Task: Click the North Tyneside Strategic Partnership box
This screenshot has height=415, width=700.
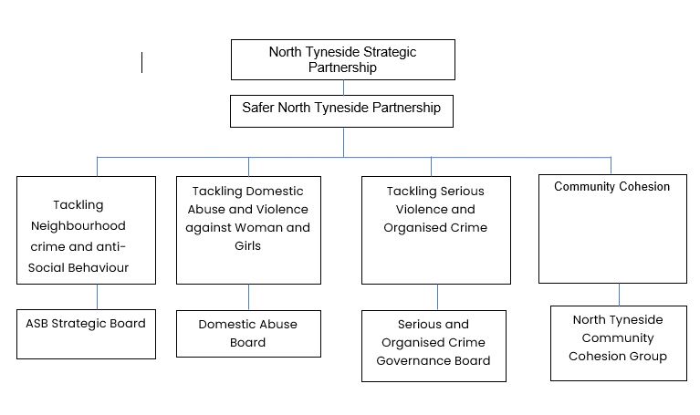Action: point(342,59)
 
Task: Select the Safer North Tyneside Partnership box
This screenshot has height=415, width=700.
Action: point(342,109)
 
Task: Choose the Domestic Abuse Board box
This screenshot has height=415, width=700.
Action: point(247,334)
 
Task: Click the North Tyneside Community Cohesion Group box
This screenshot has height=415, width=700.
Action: point(618,342)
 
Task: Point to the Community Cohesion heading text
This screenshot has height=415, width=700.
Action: point(611,187)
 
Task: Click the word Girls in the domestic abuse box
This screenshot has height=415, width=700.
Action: point(247,245)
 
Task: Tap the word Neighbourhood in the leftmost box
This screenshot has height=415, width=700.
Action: point(89,225)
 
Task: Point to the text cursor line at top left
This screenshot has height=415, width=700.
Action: point(142,62)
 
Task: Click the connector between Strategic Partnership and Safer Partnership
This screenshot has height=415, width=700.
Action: point(343,88)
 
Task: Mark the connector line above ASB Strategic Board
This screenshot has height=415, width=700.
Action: point(97,297)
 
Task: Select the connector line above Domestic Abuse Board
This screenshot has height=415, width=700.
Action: point(248,297)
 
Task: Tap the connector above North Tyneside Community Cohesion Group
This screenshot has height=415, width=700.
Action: point(620,294)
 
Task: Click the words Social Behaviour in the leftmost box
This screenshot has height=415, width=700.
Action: point(89,267)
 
